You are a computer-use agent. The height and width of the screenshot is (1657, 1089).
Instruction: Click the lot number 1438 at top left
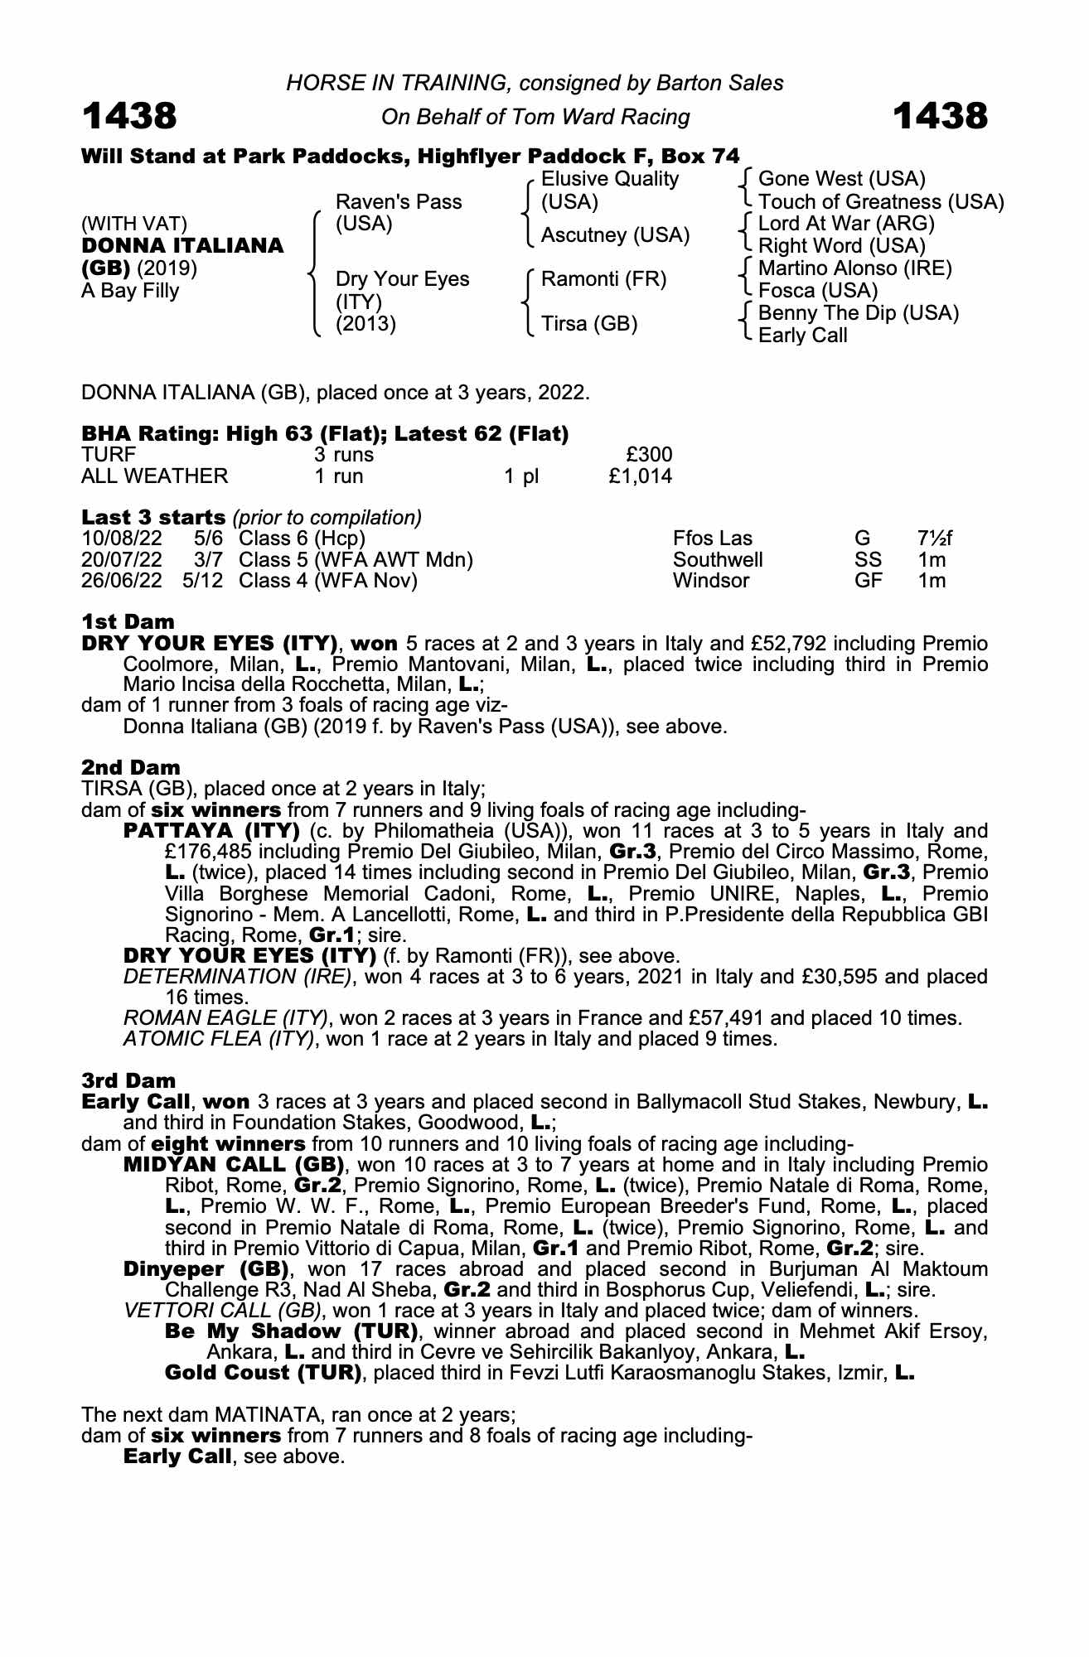coord(129,116)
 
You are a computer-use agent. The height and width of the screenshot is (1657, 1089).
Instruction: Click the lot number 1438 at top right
coord(941,116)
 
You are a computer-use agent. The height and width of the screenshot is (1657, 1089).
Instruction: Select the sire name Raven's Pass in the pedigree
coord(399,202)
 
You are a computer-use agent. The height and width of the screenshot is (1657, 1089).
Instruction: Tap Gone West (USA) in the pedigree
coord(842,179)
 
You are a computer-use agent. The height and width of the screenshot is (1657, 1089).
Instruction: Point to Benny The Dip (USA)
coord(859,313)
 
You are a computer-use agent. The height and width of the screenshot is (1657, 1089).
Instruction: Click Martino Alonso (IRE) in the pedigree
coord(855,268)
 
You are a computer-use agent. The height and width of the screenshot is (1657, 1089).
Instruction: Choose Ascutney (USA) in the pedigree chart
coord(615,235)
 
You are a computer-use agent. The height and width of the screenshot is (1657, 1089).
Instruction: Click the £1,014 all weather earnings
coord(639,476)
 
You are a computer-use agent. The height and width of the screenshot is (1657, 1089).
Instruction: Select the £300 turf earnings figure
coord(649,455)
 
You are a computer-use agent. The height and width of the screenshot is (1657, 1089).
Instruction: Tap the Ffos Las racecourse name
coord(712,539)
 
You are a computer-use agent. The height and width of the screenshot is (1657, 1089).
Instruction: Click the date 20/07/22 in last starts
coord(122,560)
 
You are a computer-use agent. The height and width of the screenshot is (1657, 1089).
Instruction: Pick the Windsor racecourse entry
coord(710,581)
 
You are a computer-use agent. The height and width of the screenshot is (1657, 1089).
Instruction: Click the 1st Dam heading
coord(128,621)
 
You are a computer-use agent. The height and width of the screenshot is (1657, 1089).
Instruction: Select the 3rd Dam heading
coord(128,1080)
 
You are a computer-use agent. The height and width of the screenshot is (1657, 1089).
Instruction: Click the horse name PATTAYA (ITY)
coord(211,831)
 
